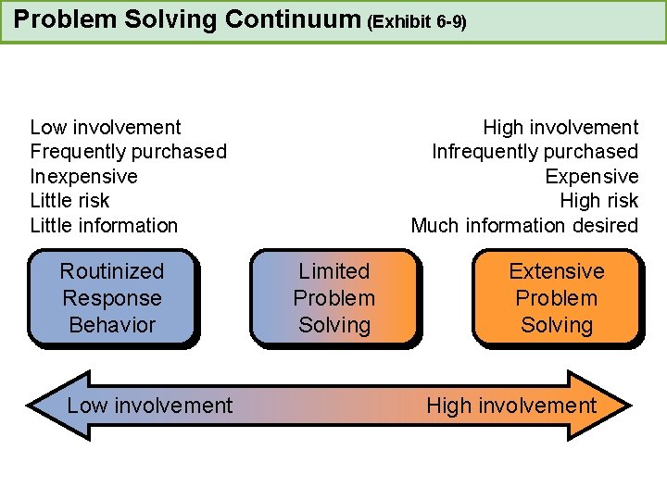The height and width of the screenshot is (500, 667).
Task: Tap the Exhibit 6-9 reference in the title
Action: (416, 21)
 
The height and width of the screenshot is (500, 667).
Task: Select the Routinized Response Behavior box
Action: (112, 298)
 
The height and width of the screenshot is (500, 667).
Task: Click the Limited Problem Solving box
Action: (334, 298)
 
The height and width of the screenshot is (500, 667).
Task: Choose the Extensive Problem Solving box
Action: (556, 298)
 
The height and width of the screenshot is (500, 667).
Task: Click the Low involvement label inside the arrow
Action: (150, 406)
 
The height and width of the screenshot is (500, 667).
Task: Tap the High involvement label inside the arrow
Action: (511, 406)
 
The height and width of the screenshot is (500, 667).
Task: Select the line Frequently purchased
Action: (128, 151)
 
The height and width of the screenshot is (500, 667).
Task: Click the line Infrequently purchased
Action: (535, 151)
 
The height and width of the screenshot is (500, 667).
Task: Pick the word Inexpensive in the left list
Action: (83, 176)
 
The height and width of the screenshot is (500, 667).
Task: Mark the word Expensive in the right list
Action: (591, 176)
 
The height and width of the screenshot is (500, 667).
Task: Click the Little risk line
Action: (69, 200)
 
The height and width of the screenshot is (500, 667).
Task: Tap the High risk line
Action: (598, 200)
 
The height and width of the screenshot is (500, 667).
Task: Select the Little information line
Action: (104, 225)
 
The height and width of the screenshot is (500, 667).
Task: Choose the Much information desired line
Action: (524, 225)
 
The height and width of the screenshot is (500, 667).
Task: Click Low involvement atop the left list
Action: (106, 127)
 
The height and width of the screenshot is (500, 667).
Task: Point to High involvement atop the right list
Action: (560, 127)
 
